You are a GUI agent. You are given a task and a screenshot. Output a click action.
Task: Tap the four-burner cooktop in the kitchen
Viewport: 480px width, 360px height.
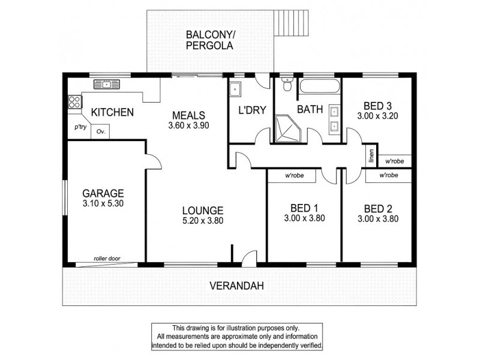click(x=74, y=102)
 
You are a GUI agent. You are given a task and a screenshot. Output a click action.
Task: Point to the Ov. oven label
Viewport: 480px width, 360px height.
click(x=100, y=132)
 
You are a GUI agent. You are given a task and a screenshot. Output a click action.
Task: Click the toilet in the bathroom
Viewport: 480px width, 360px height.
click(x=287, y=85)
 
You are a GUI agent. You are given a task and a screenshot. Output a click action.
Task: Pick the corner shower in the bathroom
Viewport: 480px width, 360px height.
click(x=286, y=128)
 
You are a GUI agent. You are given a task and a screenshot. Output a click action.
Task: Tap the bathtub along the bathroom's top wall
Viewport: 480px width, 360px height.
click(x=319, y=86)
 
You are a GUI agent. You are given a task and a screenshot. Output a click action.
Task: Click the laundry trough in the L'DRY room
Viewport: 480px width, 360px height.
click(x=235, y=89)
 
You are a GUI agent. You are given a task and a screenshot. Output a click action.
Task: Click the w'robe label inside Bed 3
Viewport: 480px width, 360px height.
click(x=394, y=161)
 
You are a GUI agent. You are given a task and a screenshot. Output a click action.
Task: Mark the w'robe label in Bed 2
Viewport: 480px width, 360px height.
click(x=389, y=176)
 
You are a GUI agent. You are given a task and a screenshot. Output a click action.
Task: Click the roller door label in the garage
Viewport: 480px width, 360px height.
click(x=107, y=259)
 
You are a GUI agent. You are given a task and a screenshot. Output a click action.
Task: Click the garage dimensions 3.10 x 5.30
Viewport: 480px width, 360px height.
click(x=103, y=205)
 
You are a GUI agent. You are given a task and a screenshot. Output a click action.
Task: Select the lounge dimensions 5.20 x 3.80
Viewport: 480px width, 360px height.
click(x=203, y=221)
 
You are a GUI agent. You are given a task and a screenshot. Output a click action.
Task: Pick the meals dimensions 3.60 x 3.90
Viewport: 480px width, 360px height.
click(x=188, y=126)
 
